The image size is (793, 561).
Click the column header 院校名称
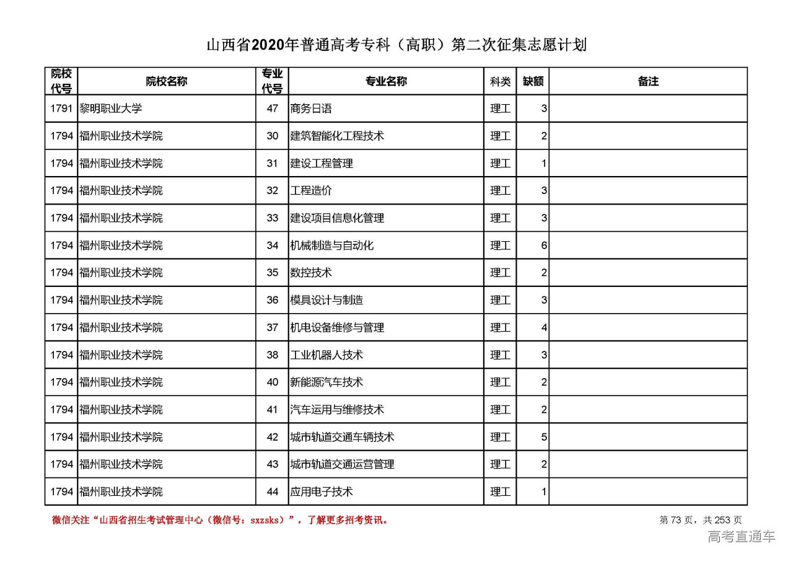click(x=167, y=81)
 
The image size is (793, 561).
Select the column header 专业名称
click(x=385, y=81)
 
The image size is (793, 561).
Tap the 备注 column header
click(x=647, y=81)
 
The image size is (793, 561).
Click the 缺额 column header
click(x=533, y=81)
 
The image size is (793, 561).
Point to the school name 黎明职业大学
click(x=111, y=108)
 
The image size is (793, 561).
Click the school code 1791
click(x=61, y=108)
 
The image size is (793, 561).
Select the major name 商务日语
click(x=311, y=108)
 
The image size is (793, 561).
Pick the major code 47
click(x=273, y=108)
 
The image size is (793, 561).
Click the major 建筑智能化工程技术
click(x=337, y=136)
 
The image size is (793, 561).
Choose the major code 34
click(x=273, y=245)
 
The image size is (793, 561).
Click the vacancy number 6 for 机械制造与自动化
click(x=543, y=245)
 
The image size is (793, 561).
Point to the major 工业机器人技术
click(x=326, y=355)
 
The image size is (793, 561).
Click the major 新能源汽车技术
click(x=326, y=382)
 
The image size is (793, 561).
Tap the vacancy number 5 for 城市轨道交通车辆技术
click(x=543, y=437)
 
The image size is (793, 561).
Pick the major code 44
click(x=273, y=492)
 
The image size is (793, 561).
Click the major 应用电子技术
click(x=322, y=492)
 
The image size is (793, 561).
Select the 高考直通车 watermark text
click(x=741, y=537)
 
